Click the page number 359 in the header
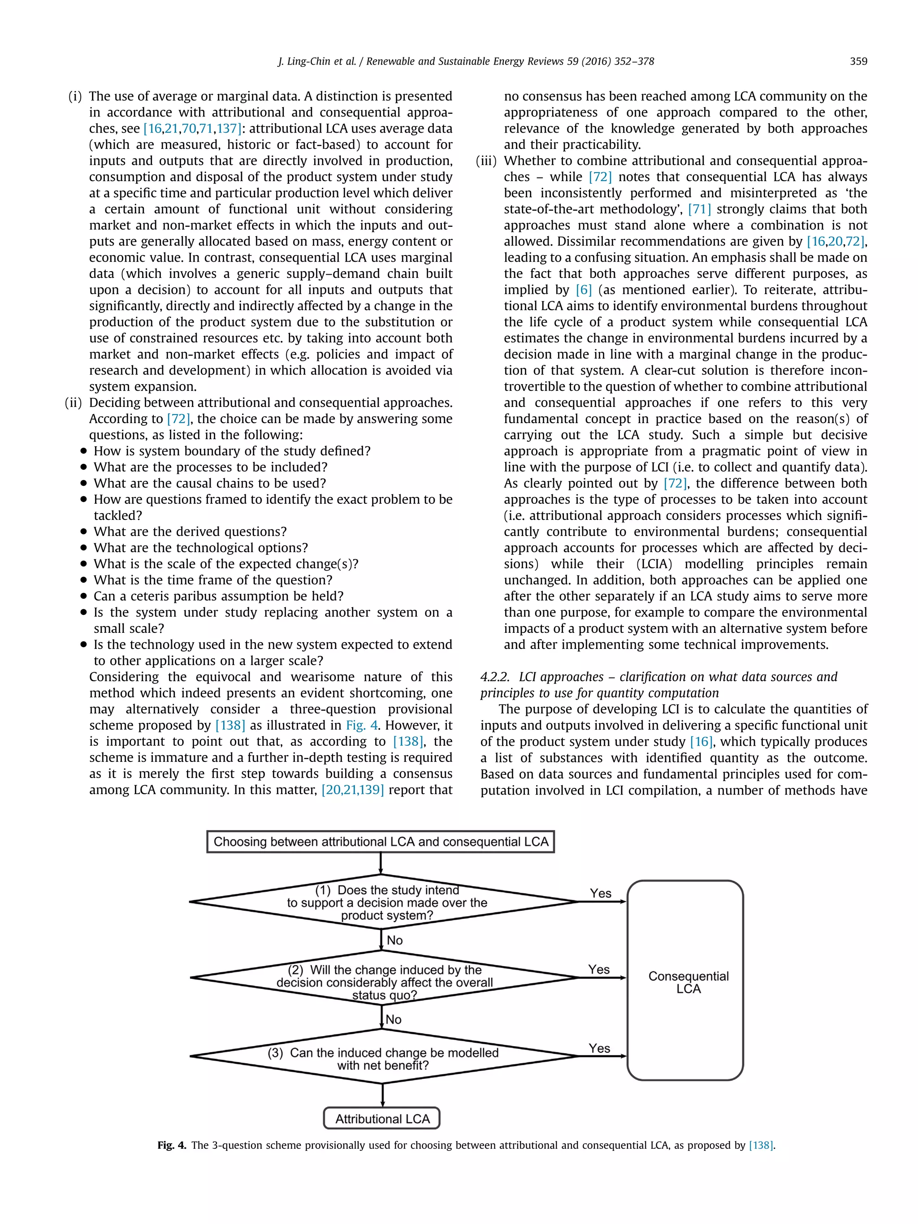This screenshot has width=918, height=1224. click(x=858, y=61)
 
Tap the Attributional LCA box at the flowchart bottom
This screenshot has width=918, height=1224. click(x=382, y=1119)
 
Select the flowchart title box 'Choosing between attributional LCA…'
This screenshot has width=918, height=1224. click(x=380, y=842)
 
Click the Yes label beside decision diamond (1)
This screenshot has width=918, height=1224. click(x=600, y=893)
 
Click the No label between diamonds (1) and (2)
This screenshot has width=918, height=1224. click(x=394, y=940)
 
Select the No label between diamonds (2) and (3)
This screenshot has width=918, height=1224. click(x=394, y=1019)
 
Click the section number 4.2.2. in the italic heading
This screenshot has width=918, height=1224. click(x=495, y=677)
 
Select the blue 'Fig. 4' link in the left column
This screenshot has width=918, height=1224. click(x=362, y=726)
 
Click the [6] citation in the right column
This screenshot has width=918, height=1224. click(x=583, y=290)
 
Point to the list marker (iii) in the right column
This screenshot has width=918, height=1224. click(x=487, y=161)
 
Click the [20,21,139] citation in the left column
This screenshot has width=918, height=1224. click(x=352, y=790)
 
